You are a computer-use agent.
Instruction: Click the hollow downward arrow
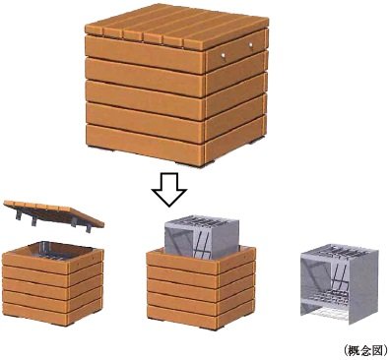point(169,189)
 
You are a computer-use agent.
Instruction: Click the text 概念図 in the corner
point(365,350)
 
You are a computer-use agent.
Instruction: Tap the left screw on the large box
point(223,56)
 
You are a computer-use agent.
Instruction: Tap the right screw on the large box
point(251,45)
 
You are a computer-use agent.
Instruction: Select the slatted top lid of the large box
point(177,26)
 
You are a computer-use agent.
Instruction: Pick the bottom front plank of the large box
point(144,144)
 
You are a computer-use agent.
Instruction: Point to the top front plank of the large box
point(144,54)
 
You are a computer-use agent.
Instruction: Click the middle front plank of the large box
point(144,99)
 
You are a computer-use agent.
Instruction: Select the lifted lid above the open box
point(54,213)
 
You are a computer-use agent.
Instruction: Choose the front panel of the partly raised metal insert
point(180,240)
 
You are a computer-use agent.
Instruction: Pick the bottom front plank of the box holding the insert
point(181,316)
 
